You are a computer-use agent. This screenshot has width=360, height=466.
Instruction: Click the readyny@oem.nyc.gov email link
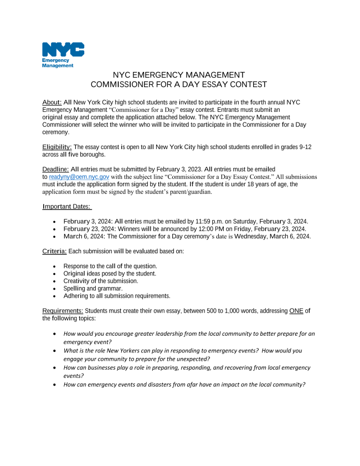pos(75,177)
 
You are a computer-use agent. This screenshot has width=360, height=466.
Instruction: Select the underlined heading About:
pos(52,103)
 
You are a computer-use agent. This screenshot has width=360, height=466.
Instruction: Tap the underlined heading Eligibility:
pos(57,147)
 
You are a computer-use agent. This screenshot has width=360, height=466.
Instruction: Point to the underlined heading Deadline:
pos(56,168)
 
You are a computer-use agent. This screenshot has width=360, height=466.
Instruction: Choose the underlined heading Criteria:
pos(54,251)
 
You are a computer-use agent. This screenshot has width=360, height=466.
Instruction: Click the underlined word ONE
pos(296,311)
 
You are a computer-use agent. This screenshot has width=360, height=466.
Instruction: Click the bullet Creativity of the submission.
pos(101,281)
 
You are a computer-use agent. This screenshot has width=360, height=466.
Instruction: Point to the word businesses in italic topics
pos(101,367)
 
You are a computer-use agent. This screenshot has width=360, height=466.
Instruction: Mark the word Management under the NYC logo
pos(58,65)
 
